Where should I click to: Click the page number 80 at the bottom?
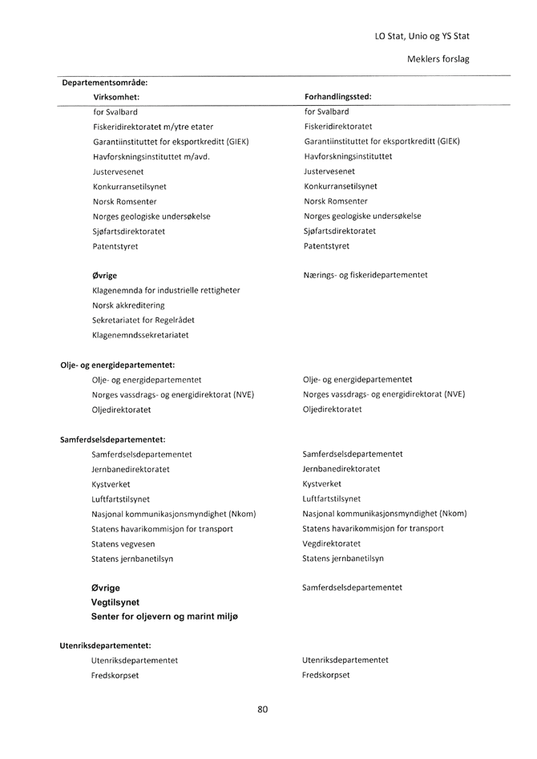pos(263,709)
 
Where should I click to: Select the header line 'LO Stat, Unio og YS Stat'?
pos(422,36)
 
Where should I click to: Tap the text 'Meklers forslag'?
pos(438,59)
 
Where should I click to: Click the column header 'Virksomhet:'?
pos(116,97)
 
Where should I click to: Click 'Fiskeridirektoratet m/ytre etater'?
pos(153,127)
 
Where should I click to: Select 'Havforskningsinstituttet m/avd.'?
pos(151,156)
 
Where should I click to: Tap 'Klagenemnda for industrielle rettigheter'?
pos(166,290)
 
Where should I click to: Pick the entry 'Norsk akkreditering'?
pos(131,305)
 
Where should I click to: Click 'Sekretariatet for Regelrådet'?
pos(143,320)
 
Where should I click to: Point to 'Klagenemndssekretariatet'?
pos(140,335)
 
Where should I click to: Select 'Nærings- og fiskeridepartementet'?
pos(365,275)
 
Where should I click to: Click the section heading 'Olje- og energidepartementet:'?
pos(118,365)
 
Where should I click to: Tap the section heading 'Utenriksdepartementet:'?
pos(105,645)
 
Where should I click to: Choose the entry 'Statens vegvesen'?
pos(123,543)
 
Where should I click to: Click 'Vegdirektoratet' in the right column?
pos(332,543)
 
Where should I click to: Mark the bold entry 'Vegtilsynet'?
pos(115,602)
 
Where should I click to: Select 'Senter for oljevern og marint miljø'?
pos(164,616)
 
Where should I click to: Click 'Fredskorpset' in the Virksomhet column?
pos(115,676)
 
